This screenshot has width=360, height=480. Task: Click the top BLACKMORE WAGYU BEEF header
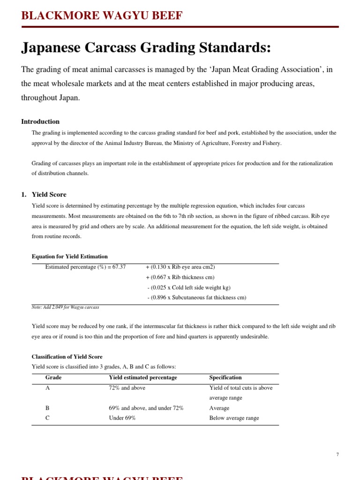point(102,16)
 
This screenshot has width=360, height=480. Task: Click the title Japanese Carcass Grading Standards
point(146,48)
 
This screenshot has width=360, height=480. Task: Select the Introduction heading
point(40,121)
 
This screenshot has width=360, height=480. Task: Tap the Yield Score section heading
point(49,195)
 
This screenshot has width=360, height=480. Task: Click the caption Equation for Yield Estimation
point(69,256)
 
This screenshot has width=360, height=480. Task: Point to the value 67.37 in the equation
point(119,267)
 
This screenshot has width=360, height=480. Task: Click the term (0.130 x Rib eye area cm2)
point(180,267)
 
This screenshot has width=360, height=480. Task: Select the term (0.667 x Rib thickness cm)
point(180,277)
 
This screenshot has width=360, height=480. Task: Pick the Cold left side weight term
point(188,287)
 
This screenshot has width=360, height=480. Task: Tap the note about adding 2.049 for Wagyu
point(65,307)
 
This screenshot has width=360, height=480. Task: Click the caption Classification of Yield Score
point(67,357)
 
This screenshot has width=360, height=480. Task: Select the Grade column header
point(53,377)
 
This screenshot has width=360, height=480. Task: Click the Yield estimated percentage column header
point(142,377)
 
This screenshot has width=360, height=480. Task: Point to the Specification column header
point(225,377)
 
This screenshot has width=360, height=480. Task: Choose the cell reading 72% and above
point(127,388)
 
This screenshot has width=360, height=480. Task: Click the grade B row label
point(47,408)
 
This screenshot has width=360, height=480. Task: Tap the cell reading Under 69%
point(122,418)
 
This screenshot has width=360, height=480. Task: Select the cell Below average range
point(234,418)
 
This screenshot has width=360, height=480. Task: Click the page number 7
point(337,455)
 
